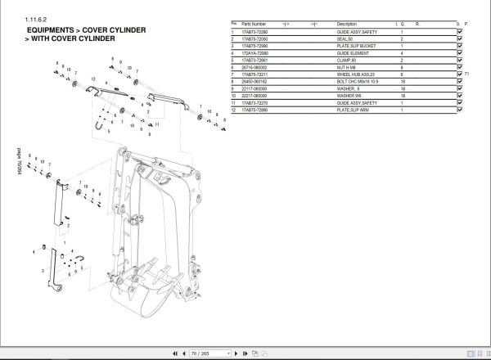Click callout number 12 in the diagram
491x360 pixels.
[94, 78]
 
